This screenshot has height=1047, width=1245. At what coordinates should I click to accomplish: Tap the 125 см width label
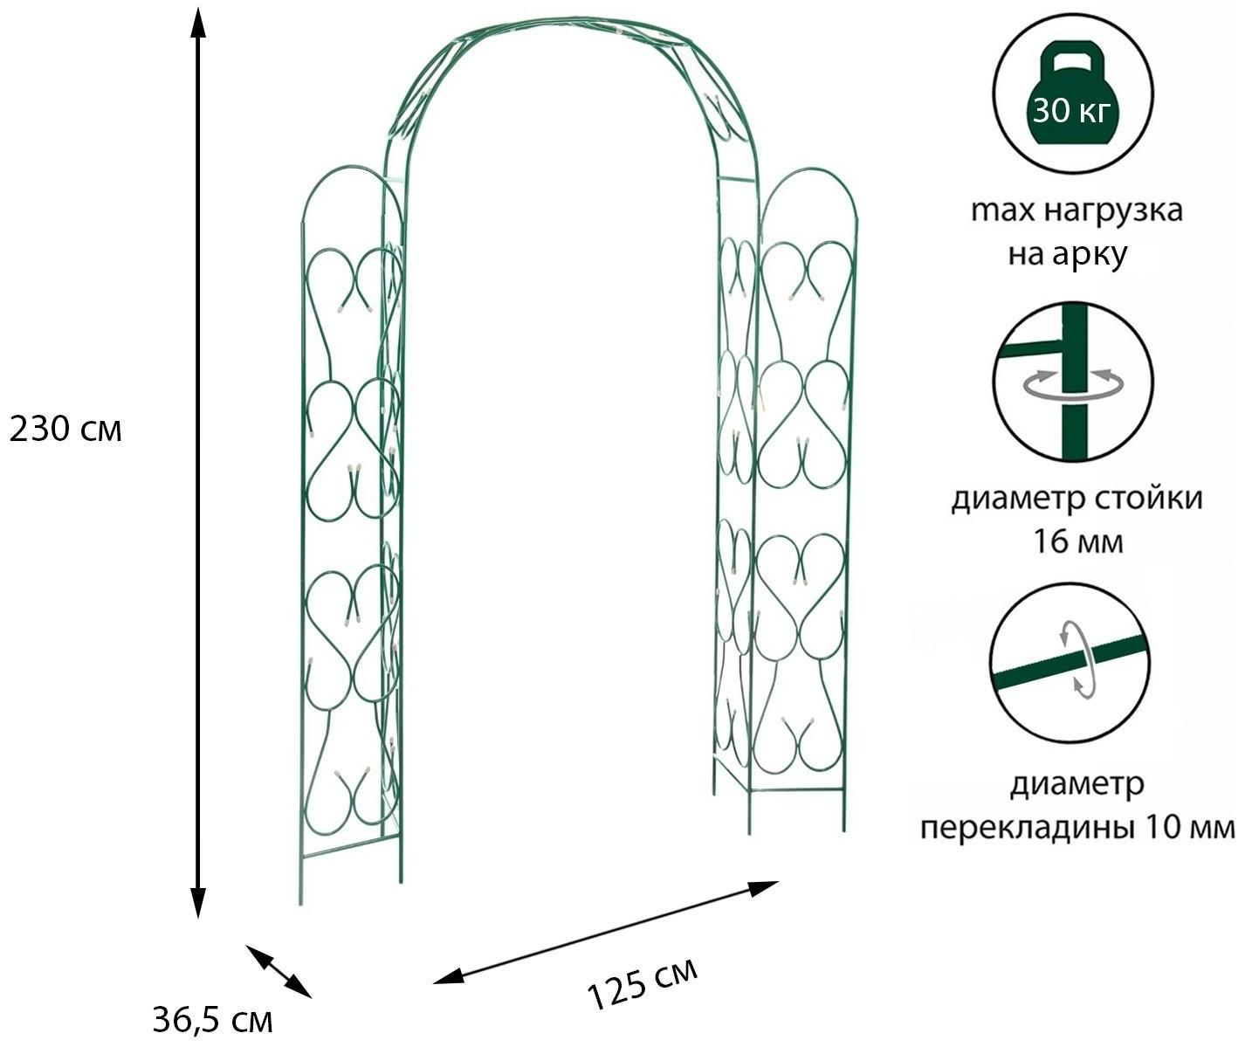[643, 984]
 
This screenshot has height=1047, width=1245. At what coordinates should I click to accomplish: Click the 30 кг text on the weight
[1071, 112]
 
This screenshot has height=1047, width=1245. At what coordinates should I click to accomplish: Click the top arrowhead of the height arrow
[198, 24]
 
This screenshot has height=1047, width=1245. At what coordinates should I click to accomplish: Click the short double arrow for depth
[279, 970]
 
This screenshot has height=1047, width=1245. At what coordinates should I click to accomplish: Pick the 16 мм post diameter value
[1077, 541]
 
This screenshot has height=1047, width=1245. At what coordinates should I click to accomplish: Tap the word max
[1001, 210]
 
